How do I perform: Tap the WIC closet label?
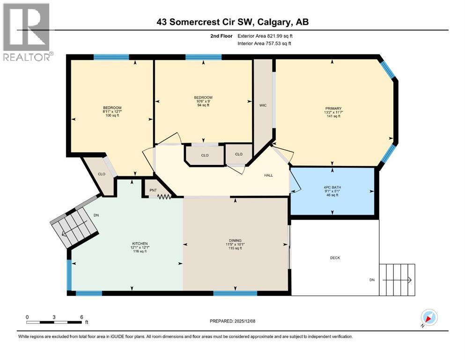click(263, 105)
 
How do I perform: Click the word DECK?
click(335, 258)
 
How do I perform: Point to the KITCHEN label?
click(139, 244)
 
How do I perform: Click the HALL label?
click(268, 175)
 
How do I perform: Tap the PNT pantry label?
click(153, 190)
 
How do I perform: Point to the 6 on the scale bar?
click(81, 317)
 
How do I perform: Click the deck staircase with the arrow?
click(397, 280)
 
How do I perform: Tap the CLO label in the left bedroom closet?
click(101, 174)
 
